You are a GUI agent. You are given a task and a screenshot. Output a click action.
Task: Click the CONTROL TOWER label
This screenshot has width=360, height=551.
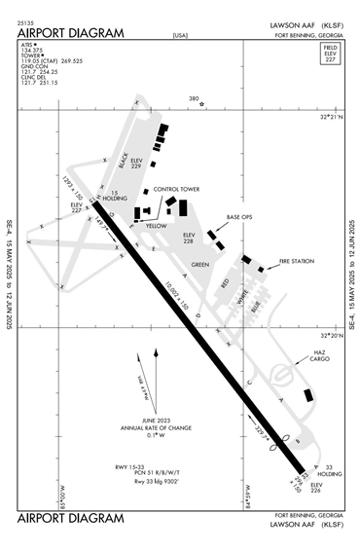176,190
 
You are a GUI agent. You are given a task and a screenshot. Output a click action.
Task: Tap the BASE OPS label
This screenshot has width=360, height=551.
239,217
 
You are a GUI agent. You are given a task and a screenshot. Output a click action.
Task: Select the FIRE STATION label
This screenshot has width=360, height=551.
298,261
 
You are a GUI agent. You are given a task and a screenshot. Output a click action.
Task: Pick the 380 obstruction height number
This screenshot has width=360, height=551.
194,98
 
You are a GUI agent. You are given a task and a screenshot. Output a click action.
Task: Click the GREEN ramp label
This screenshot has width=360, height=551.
199,264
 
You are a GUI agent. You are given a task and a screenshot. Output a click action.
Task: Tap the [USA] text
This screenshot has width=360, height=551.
180,35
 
